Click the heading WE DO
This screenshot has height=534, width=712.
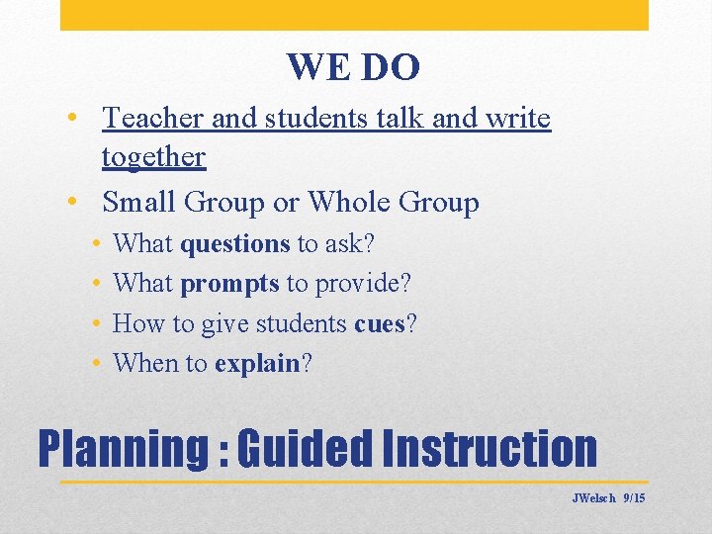click(x=353, y=67)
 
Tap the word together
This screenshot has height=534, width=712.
click(x=153, y=157)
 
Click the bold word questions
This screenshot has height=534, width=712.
click(x=234, y=243)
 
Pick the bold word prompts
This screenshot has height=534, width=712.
click(x=229, y=284)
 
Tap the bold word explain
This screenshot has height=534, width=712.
click(x=257, y=364)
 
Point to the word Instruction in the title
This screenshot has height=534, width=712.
click(x=489, y=448)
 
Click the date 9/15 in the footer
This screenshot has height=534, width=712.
click(x=634, y=498)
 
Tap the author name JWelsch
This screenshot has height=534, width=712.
click(x=593, y=498)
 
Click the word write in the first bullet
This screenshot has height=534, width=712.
click(x=518, y=119)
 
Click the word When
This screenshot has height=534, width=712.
click(x=143, y=363)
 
